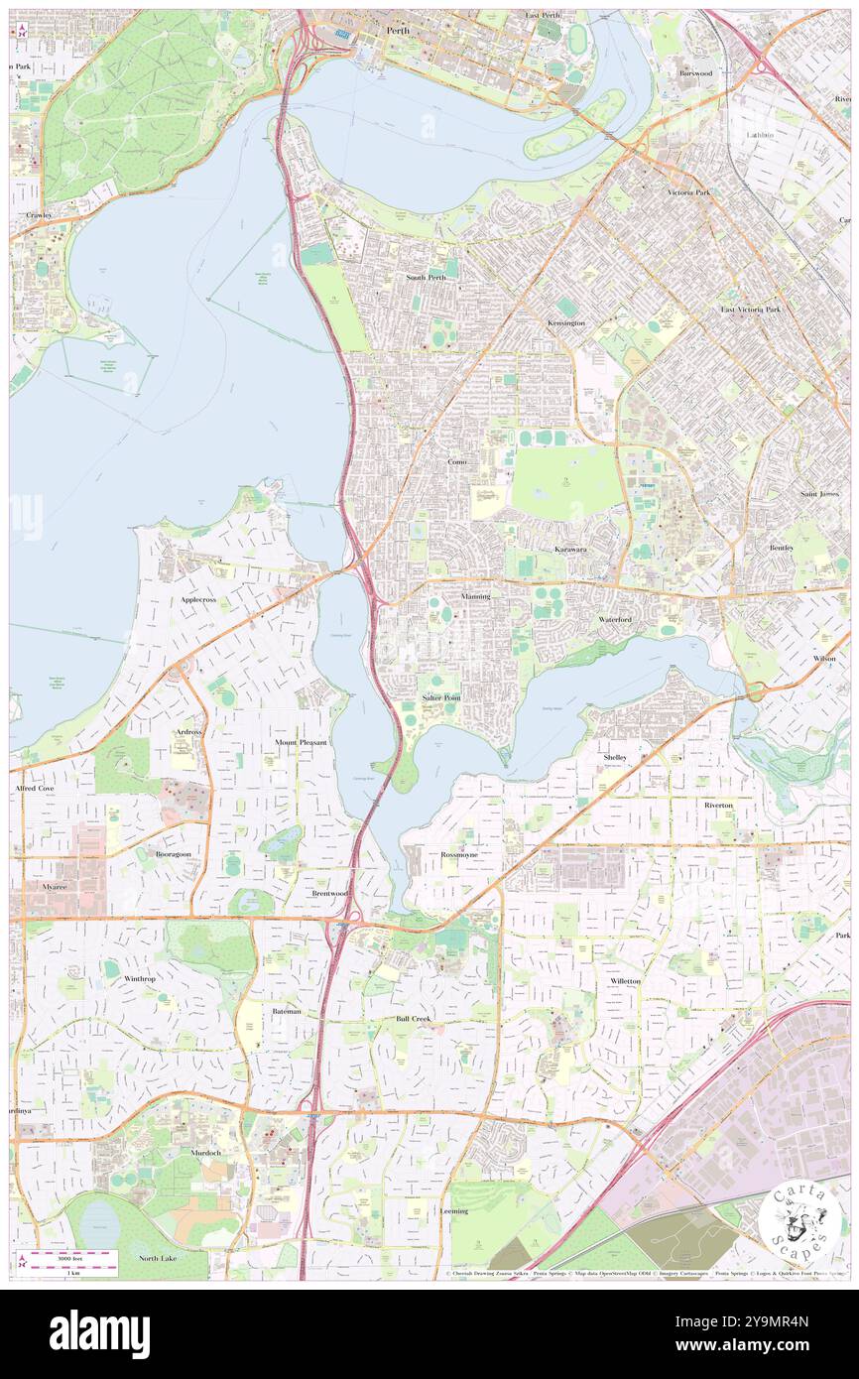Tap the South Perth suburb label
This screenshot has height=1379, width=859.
(426, 277)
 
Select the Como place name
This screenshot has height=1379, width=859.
(457, 462)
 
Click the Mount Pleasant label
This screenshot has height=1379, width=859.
(301, 742)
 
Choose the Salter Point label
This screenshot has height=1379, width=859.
(441, 697)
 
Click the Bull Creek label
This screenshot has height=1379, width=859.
(414, 1018)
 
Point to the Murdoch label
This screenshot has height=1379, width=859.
(206, 1153)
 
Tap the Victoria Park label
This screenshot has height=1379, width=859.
(688, 191)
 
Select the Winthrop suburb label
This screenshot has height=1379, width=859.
(140, 978)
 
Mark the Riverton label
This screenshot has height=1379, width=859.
(718, 805)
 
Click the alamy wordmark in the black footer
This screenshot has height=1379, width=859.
(100, 1333)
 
